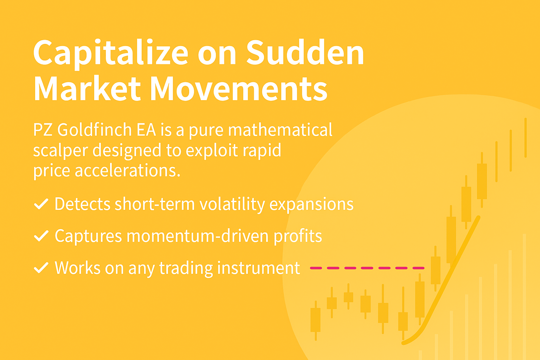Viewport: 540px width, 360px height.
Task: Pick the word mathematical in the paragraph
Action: coord(280,129)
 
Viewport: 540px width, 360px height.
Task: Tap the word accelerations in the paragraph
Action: coord(128,171)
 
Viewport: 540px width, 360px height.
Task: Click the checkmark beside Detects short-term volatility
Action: coord(41,204)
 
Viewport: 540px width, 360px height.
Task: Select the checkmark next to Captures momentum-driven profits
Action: coord(41,236)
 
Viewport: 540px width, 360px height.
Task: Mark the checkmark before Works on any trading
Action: coord(41,268)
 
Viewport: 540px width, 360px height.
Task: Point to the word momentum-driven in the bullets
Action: coord(198,236)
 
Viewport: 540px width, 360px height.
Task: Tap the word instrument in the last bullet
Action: coord(259,268)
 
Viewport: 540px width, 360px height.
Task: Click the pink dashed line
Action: coord(367,268)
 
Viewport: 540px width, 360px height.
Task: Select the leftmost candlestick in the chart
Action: coord(316,321)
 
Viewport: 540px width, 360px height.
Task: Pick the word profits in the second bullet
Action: coord(298,236)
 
